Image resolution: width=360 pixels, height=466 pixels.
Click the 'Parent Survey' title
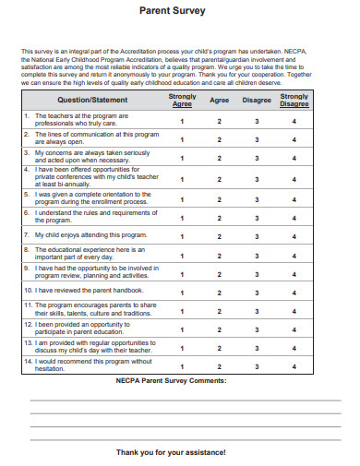tap(179, 11)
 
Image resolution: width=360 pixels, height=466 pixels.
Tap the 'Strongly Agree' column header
tap(182, 100)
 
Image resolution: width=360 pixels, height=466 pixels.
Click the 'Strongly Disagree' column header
tap(294, 100)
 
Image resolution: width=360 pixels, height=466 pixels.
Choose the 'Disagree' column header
tap(257, 99)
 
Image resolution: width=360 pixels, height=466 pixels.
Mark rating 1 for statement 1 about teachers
tap(182, 121)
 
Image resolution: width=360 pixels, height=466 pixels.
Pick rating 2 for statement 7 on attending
tap(220, 234)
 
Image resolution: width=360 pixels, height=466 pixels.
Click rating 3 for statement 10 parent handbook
tap(257, 290)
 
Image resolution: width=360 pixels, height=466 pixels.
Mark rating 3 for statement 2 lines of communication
tap(257, 139)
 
